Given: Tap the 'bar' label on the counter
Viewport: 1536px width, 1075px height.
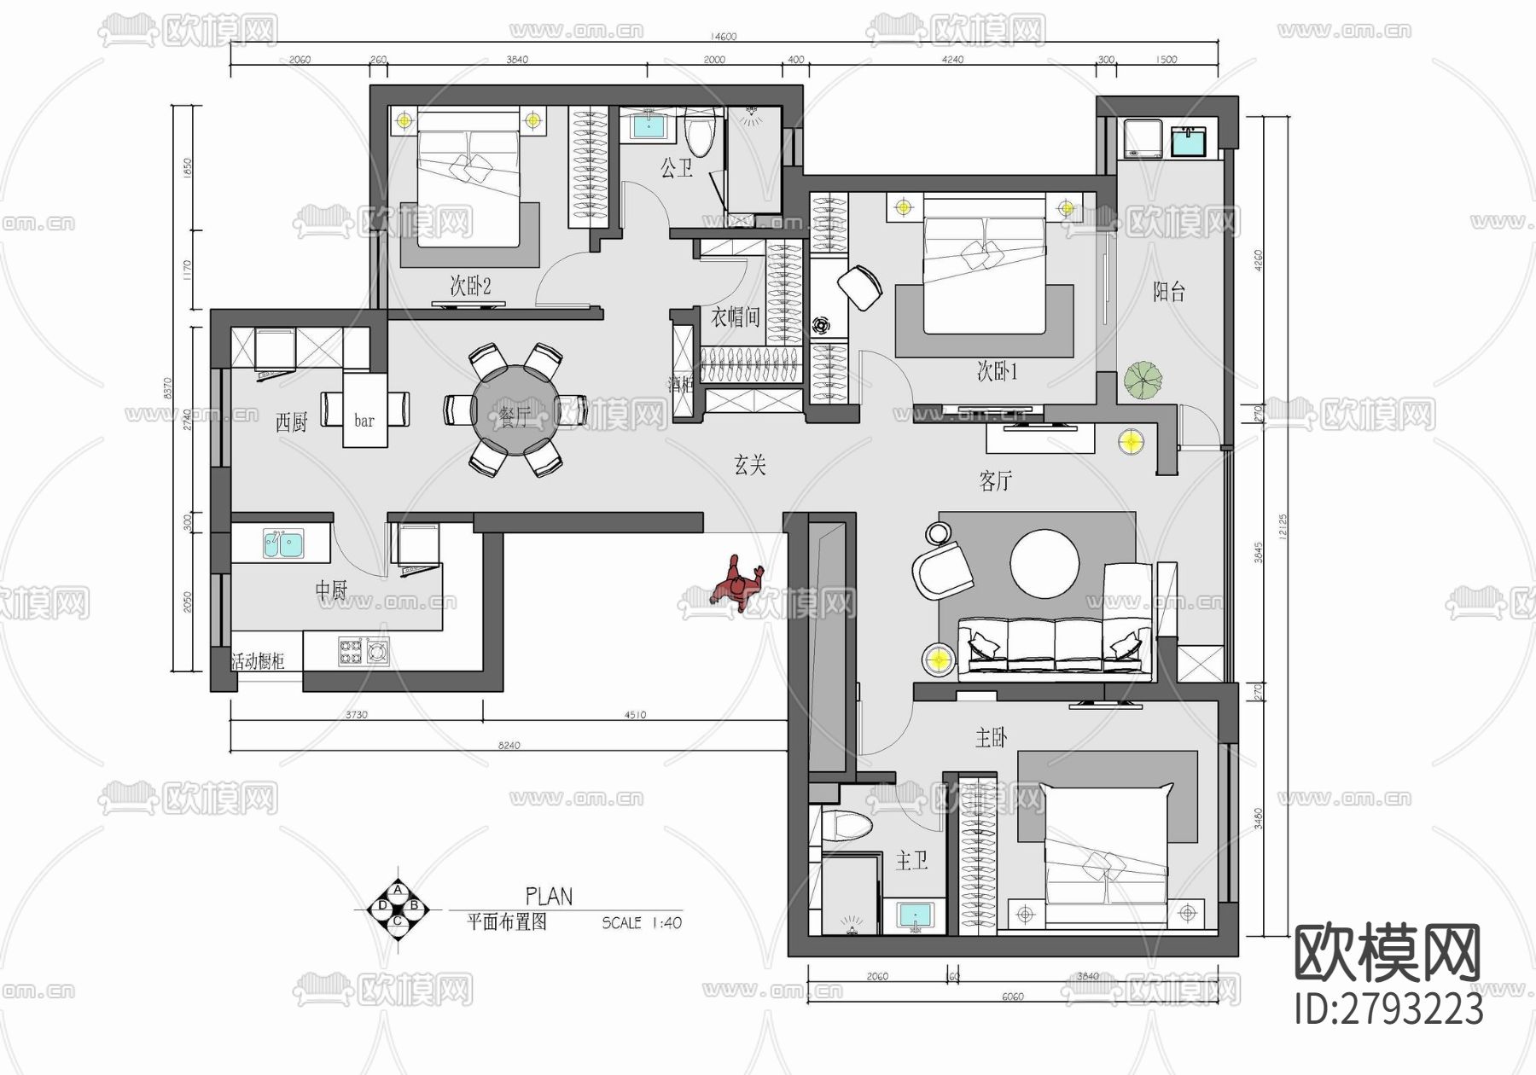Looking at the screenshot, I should (x=364, y=420).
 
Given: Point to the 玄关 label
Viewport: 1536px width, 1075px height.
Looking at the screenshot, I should (x=750, y=464).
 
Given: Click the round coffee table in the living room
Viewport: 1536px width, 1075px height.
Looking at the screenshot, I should (x=1044, y=563).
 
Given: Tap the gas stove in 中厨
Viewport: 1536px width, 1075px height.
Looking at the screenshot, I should (x=364, y=652).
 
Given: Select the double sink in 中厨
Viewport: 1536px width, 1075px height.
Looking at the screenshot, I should (x=282, y=543).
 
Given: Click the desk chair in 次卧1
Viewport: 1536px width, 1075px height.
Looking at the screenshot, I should (x=861, y=286).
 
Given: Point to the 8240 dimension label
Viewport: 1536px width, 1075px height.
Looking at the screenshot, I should (x=508, y=745).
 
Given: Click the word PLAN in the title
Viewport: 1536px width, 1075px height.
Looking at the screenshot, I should (x=549, y=896).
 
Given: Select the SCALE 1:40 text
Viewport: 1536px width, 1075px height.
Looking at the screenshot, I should (x=642, y=922).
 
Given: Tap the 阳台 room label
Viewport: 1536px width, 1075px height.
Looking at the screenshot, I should (x=1168, y=292).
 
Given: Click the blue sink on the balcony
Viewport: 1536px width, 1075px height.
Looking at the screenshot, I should (x=1189, y=140).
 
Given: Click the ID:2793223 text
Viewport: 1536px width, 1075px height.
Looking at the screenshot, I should (x=1388, y=1009).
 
